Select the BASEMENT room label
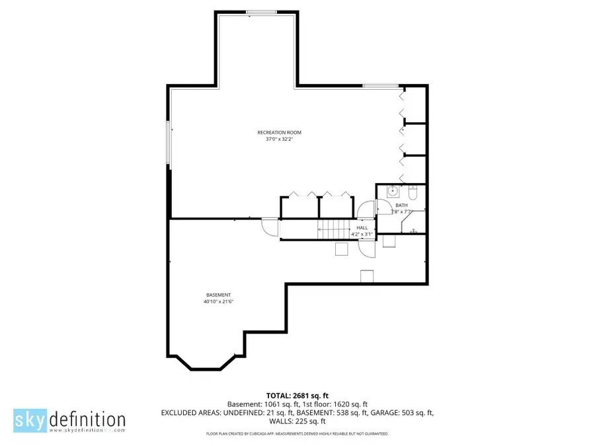[x=218, y=295]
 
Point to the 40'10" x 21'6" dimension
[x=219, y=301]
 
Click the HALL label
[x=362, y=227]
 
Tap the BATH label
[x=401, y=205]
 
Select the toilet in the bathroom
[x=413, y=193]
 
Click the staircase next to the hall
[x=331, y=231]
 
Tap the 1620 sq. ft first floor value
[x=352, y=404]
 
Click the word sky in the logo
[x=30, y=420]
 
